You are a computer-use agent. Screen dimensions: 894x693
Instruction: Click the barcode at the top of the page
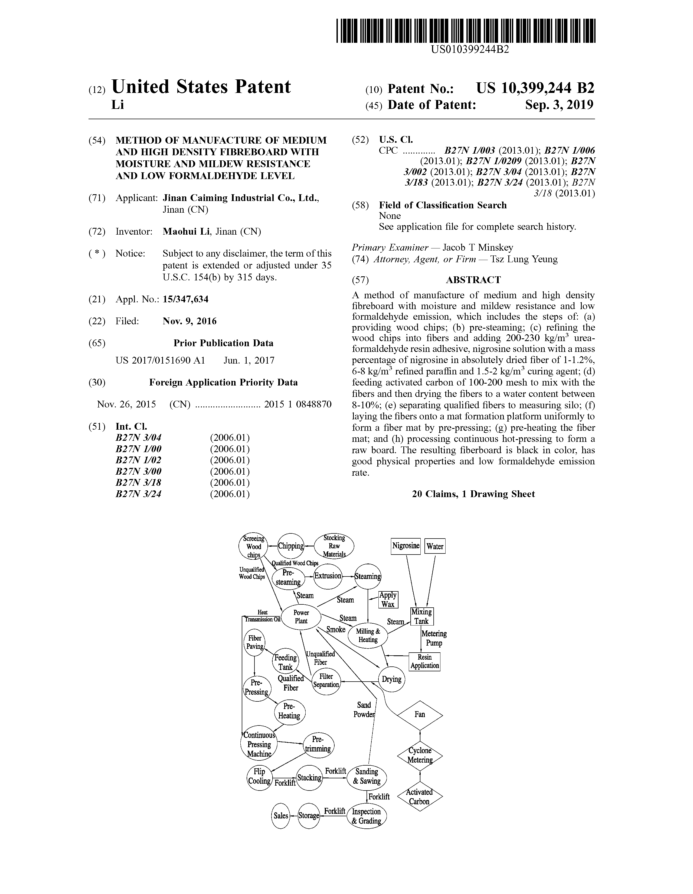(466, 31)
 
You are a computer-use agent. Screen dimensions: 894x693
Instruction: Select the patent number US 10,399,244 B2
(535, 88)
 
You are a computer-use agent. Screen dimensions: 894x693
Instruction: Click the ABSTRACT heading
(473, 280)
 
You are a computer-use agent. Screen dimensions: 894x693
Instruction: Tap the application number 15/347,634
(185, 299)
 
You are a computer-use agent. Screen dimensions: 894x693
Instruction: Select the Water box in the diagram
(435, 546)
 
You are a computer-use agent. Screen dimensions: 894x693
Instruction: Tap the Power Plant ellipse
(301, 617)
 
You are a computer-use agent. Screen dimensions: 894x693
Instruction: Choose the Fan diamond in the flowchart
(420, 714)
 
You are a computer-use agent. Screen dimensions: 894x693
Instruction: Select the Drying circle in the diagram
(391, 679)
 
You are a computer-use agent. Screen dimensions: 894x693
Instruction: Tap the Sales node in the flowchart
(281, 815)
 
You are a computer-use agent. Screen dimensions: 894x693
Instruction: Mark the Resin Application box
(425, 662)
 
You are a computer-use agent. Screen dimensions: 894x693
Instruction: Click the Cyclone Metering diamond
(420, 755)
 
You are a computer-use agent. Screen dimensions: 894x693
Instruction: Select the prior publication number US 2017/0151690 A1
(160, 361)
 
